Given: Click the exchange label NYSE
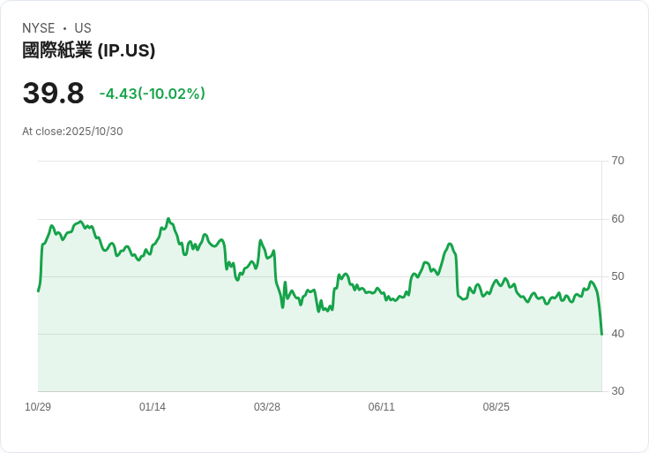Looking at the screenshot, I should [39, 28].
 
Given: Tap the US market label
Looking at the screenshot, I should [83, 28].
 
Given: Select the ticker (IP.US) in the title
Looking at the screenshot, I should [126, 50].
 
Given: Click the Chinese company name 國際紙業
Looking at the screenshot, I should [57, 50].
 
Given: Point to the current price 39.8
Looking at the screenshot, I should [53, 94].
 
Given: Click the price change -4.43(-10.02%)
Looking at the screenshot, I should [152, 94].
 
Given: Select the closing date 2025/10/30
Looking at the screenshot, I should [94, 132].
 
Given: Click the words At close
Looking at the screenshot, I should [42, 132].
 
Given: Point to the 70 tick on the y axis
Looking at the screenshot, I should [618, 161].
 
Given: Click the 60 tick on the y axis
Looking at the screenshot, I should [618, 219].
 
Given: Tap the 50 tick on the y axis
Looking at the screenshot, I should [618, 276].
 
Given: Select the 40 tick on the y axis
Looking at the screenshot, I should [618, 334].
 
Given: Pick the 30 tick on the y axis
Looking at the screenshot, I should [618, 391].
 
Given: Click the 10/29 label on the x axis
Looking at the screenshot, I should [38, 407].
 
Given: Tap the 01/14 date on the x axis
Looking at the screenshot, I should [153, 407].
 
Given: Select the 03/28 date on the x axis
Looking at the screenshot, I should [267, 407].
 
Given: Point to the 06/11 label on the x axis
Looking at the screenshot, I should [382, 407].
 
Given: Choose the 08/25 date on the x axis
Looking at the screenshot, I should [496, 407].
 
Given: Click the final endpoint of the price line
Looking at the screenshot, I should [601, 334].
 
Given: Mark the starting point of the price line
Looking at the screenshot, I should [38, 291].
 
